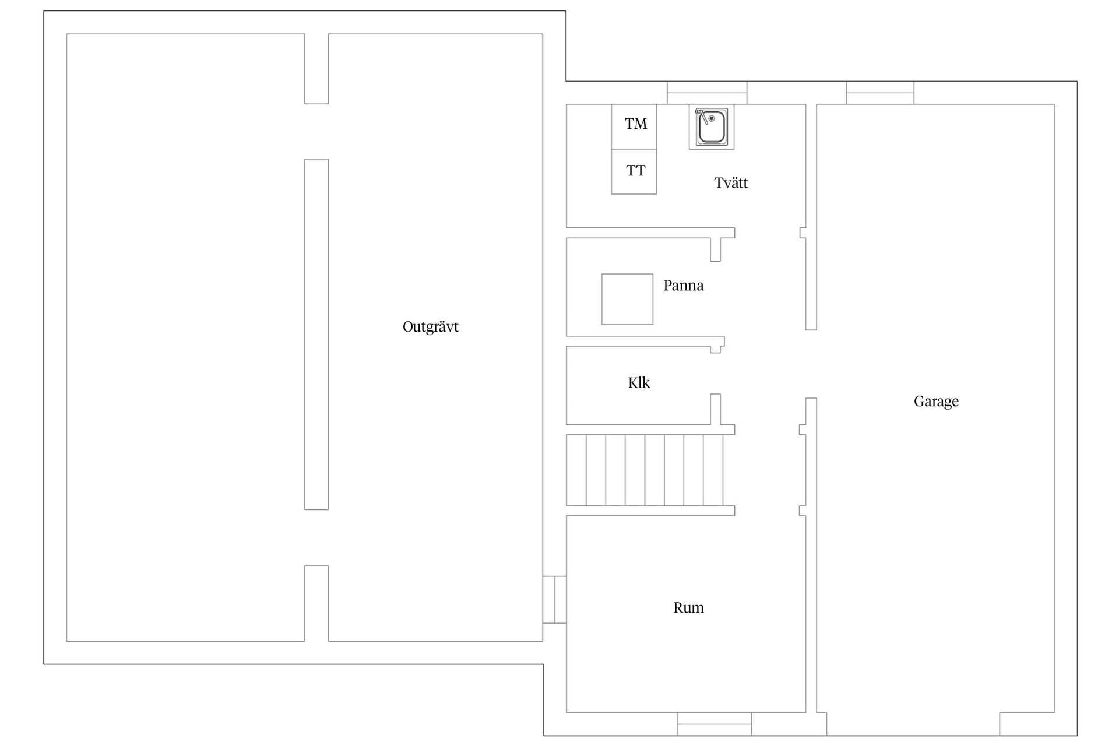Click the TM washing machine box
tap(634, 126)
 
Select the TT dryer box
tap(634, 171)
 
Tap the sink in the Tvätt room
tap(711, 126)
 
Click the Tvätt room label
tap(731, 183)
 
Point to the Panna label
tap(683, 286)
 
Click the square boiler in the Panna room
tap(627, 299)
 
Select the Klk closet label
tap(639, 383)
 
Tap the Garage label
tap(936, 402)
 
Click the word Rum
tap(688, 608)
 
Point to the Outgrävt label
tap(430, 327)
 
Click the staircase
tap(645, 470)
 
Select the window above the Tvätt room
tap(707, 93)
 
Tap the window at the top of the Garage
tap(880, 93)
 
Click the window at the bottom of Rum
tap(714, 724)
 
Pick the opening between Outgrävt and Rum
tap(554, 600)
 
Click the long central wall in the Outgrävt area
tap(316, 334)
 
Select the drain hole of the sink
tap(712, 118)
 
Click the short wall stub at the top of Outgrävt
tap(316, 69)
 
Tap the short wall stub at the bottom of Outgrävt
tap(316, 603)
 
